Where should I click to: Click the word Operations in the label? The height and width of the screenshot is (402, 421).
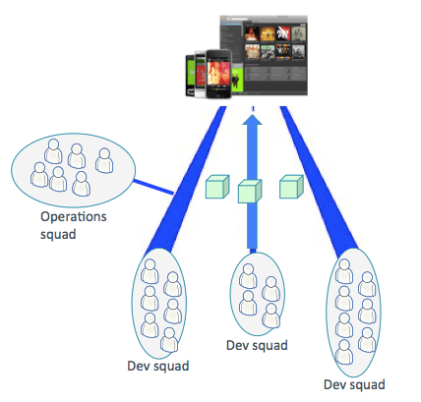[74, 217]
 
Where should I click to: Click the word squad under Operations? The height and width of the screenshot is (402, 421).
[58, 235]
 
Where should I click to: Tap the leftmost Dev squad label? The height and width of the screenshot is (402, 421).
[158, 366]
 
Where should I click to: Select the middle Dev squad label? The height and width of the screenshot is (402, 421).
[257, 345]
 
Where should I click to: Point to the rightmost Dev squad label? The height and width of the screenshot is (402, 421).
[354, 384]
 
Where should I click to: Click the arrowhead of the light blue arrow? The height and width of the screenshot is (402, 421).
[252, 119]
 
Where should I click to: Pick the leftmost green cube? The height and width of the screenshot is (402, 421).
[217, 187]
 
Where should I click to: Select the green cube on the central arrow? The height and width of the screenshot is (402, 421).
[250, 192]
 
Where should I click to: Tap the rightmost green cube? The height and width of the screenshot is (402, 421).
[291, 187]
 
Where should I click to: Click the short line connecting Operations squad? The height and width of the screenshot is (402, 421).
[153, 187]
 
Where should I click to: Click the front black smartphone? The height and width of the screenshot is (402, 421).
[218, 74]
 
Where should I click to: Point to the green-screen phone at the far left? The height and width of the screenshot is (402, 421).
[191, 76]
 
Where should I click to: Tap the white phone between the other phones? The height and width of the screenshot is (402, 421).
[201, 75]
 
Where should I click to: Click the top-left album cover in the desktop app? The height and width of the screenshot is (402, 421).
[252, 33]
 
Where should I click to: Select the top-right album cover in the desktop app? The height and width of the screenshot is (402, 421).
[299, 33]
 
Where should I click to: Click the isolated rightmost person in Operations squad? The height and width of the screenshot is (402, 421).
[104, 160]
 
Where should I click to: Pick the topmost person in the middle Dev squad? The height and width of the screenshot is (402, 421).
[248, 276]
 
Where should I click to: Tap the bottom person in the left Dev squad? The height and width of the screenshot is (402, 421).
[169, 340]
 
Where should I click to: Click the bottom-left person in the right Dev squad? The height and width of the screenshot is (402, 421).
[344, 352]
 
